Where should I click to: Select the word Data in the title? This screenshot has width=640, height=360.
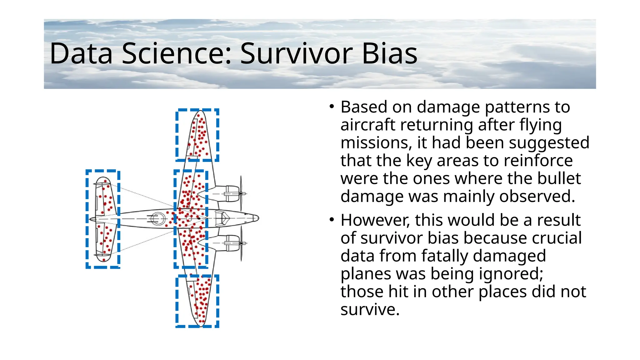coord(81,54)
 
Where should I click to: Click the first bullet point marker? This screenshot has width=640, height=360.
coord(332,107)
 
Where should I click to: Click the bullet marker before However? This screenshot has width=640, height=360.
coord(332,220)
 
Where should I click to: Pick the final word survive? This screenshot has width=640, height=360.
coord(370,310)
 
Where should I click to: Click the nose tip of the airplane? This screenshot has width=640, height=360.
coord(258,218)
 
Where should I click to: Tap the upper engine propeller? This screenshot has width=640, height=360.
coord(241,193)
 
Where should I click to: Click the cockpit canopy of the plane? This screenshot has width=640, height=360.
coord(222,218)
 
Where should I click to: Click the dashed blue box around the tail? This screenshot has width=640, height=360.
coord(87,219)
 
